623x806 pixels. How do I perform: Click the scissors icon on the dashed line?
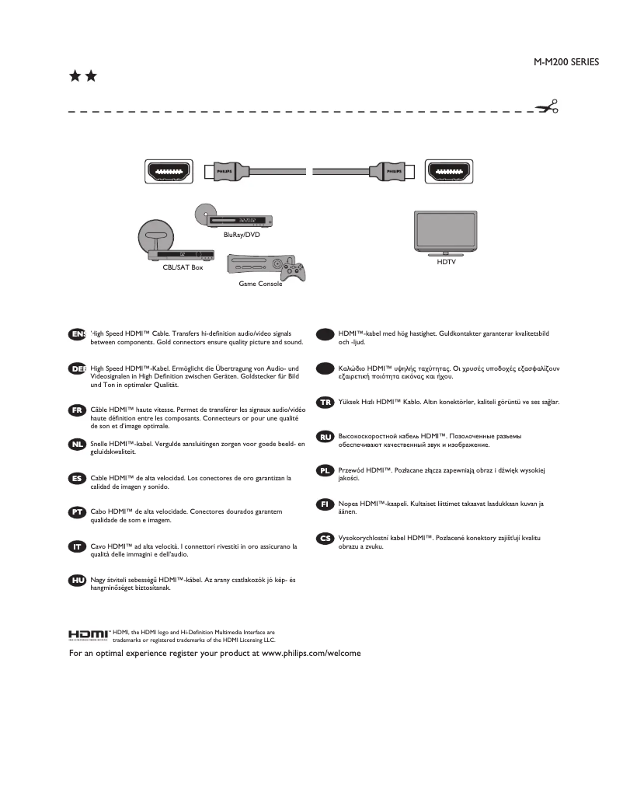549,107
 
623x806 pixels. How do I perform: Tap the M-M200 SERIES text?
566,62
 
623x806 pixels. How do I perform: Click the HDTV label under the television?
447,263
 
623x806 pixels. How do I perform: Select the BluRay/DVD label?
242,234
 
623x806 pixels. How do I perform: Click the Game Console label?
260,284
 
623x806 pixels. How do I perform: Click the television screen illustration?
445,231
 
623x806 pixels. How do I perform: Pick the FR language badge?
77,410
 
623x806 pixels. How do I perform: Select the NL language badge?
77,444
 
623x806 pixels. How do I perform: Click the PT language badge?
77,512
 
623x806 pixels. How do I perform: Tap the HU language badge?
77,580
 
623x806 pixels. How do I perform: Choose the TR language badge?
325,402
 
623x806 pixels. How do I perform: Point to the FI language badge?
325,504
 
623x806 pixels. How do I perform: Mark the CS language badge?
325,538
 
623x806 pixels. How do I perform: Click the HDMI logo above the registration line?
89,636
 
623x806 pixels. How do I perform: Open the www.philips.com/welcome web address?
311,654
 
